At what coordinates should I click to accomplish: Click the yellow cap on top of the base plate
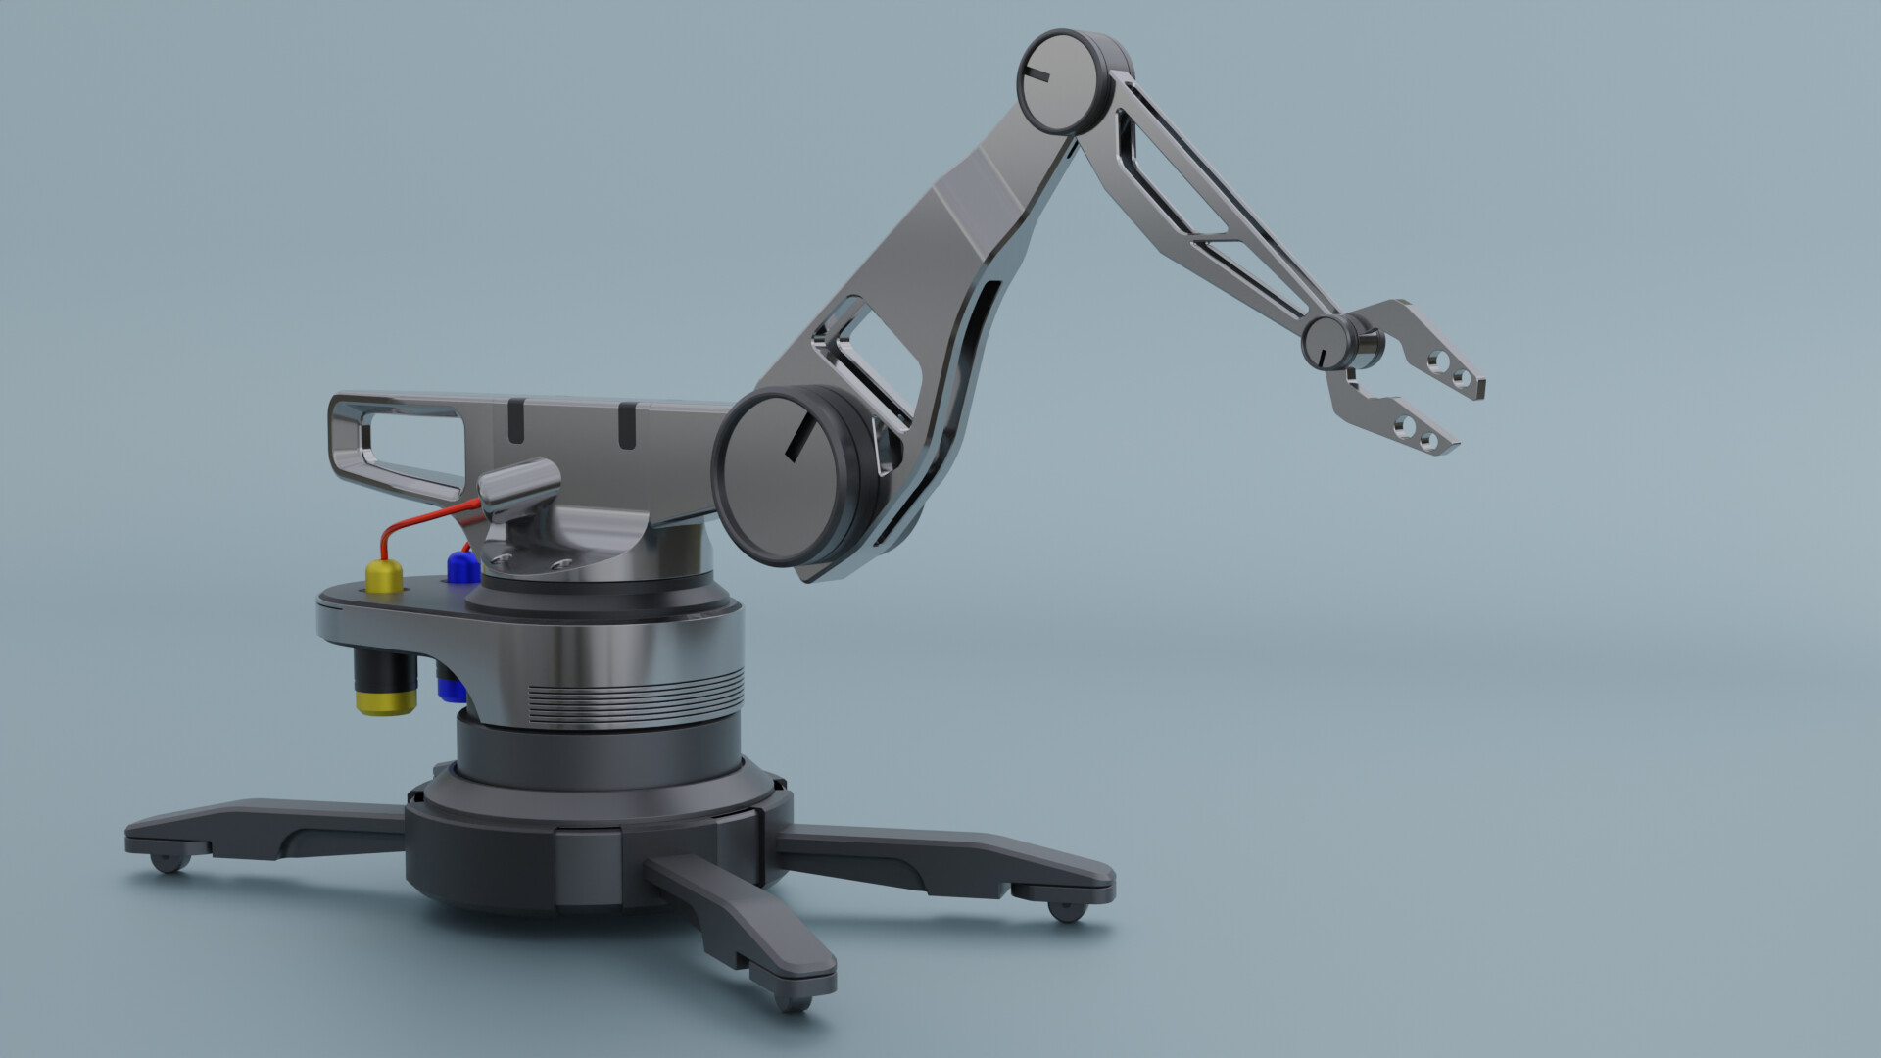pos(383,577)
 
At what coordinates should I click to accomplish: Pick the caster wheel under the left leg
pos(169,862)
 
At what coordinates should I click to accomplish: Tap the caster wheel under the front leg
pos(794,1000)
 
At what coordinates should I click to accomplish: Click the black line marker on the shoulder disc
pos(798,436)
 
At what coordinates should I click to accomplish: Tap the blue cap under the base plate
pos(450,689)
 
